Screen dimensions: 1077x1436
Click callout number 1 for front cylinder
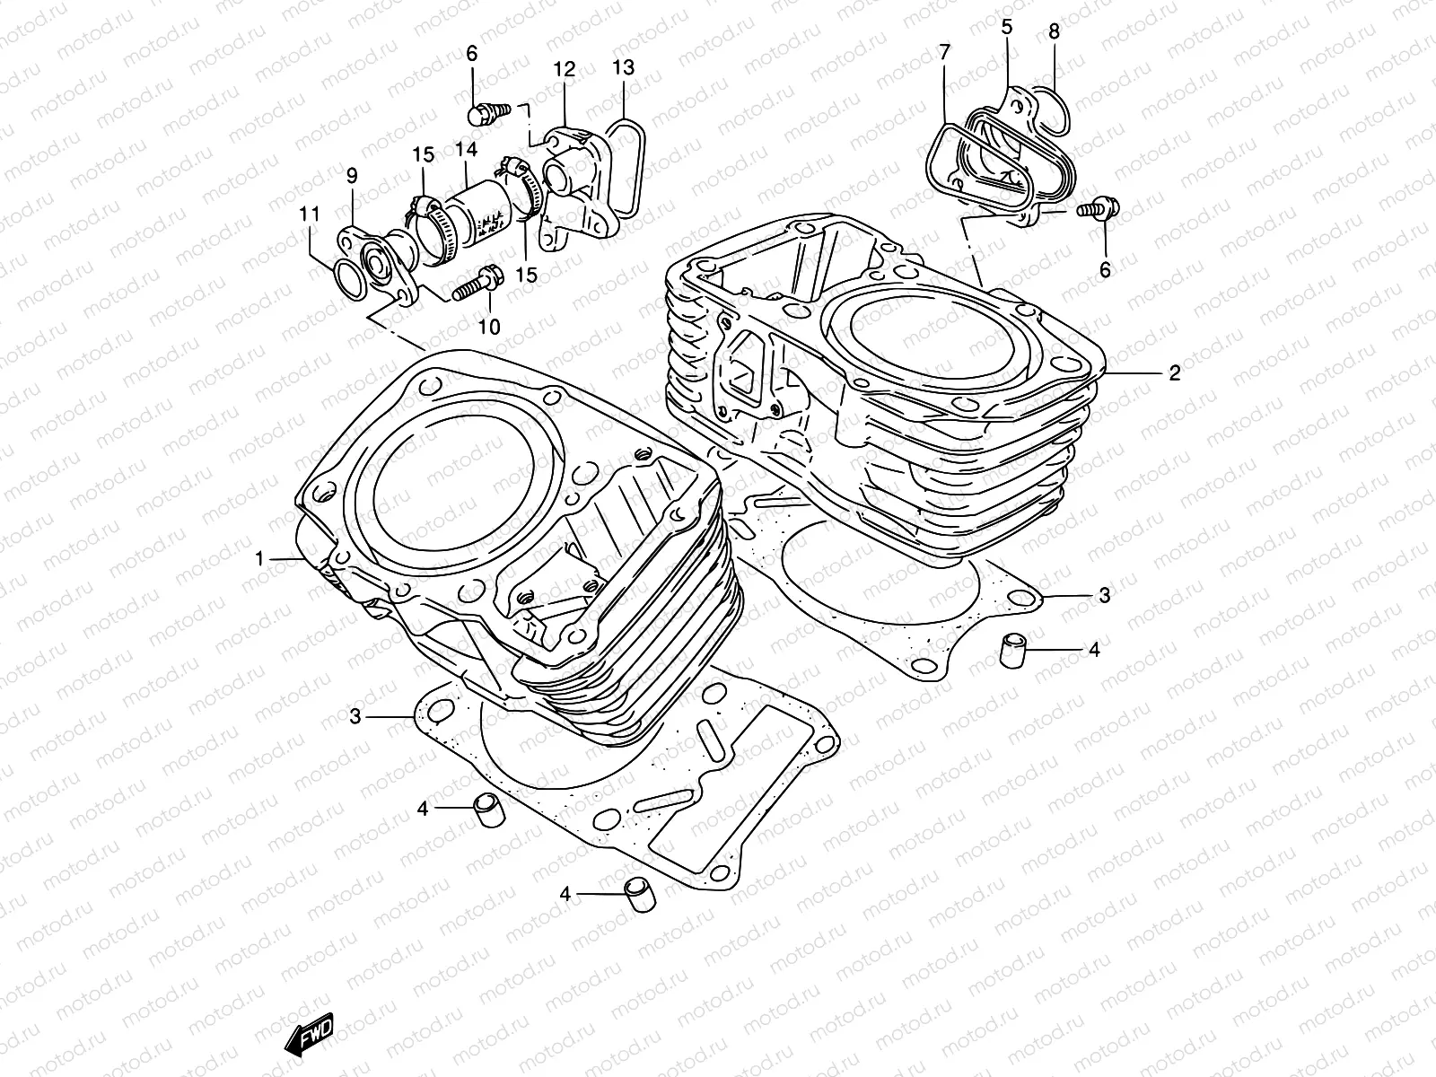[259, 559]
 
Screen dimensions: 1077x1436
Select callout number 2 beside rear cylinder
[1174, 373]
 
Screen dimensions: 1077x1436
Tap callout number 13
[623, 68]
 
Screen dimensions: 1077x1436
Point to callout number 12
[564, 69]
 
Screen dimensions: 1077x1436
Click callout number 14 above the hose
[490, 150]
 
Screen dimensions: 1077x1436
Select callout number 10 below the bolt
[488, 328]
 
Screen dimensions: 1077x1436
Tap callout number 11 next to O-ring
[310, 215]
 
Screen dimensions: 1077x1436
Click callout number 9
[352, 175]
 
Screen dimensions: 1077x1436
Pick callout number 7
[943, 53]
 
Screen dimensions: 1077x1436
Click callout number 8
[1054, 32]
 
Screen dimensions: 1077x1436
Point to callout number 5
[1006, 27]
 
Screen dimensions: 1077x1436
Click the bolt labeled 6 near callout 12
[485, 114]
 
